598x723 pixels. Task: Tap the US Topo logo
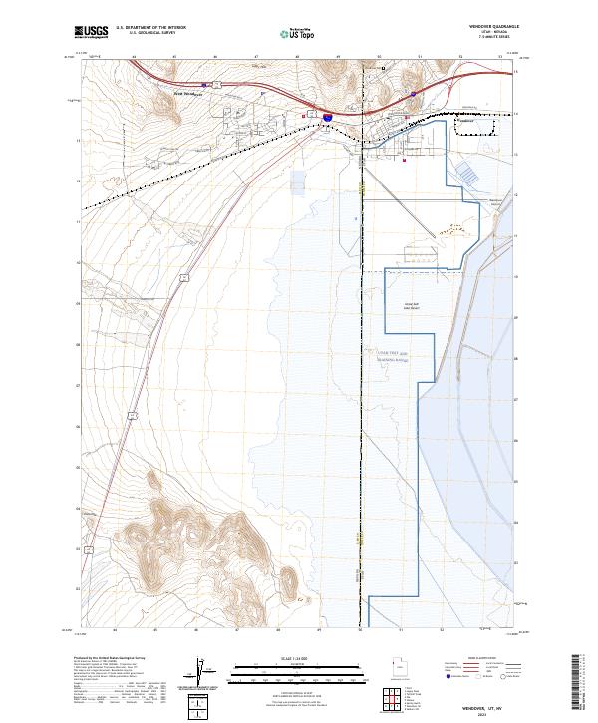pos(299,33)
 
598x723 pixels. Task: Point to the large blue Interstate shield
pos(327,117)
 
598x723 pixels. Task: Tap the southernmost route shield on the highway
pos(89,549)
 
